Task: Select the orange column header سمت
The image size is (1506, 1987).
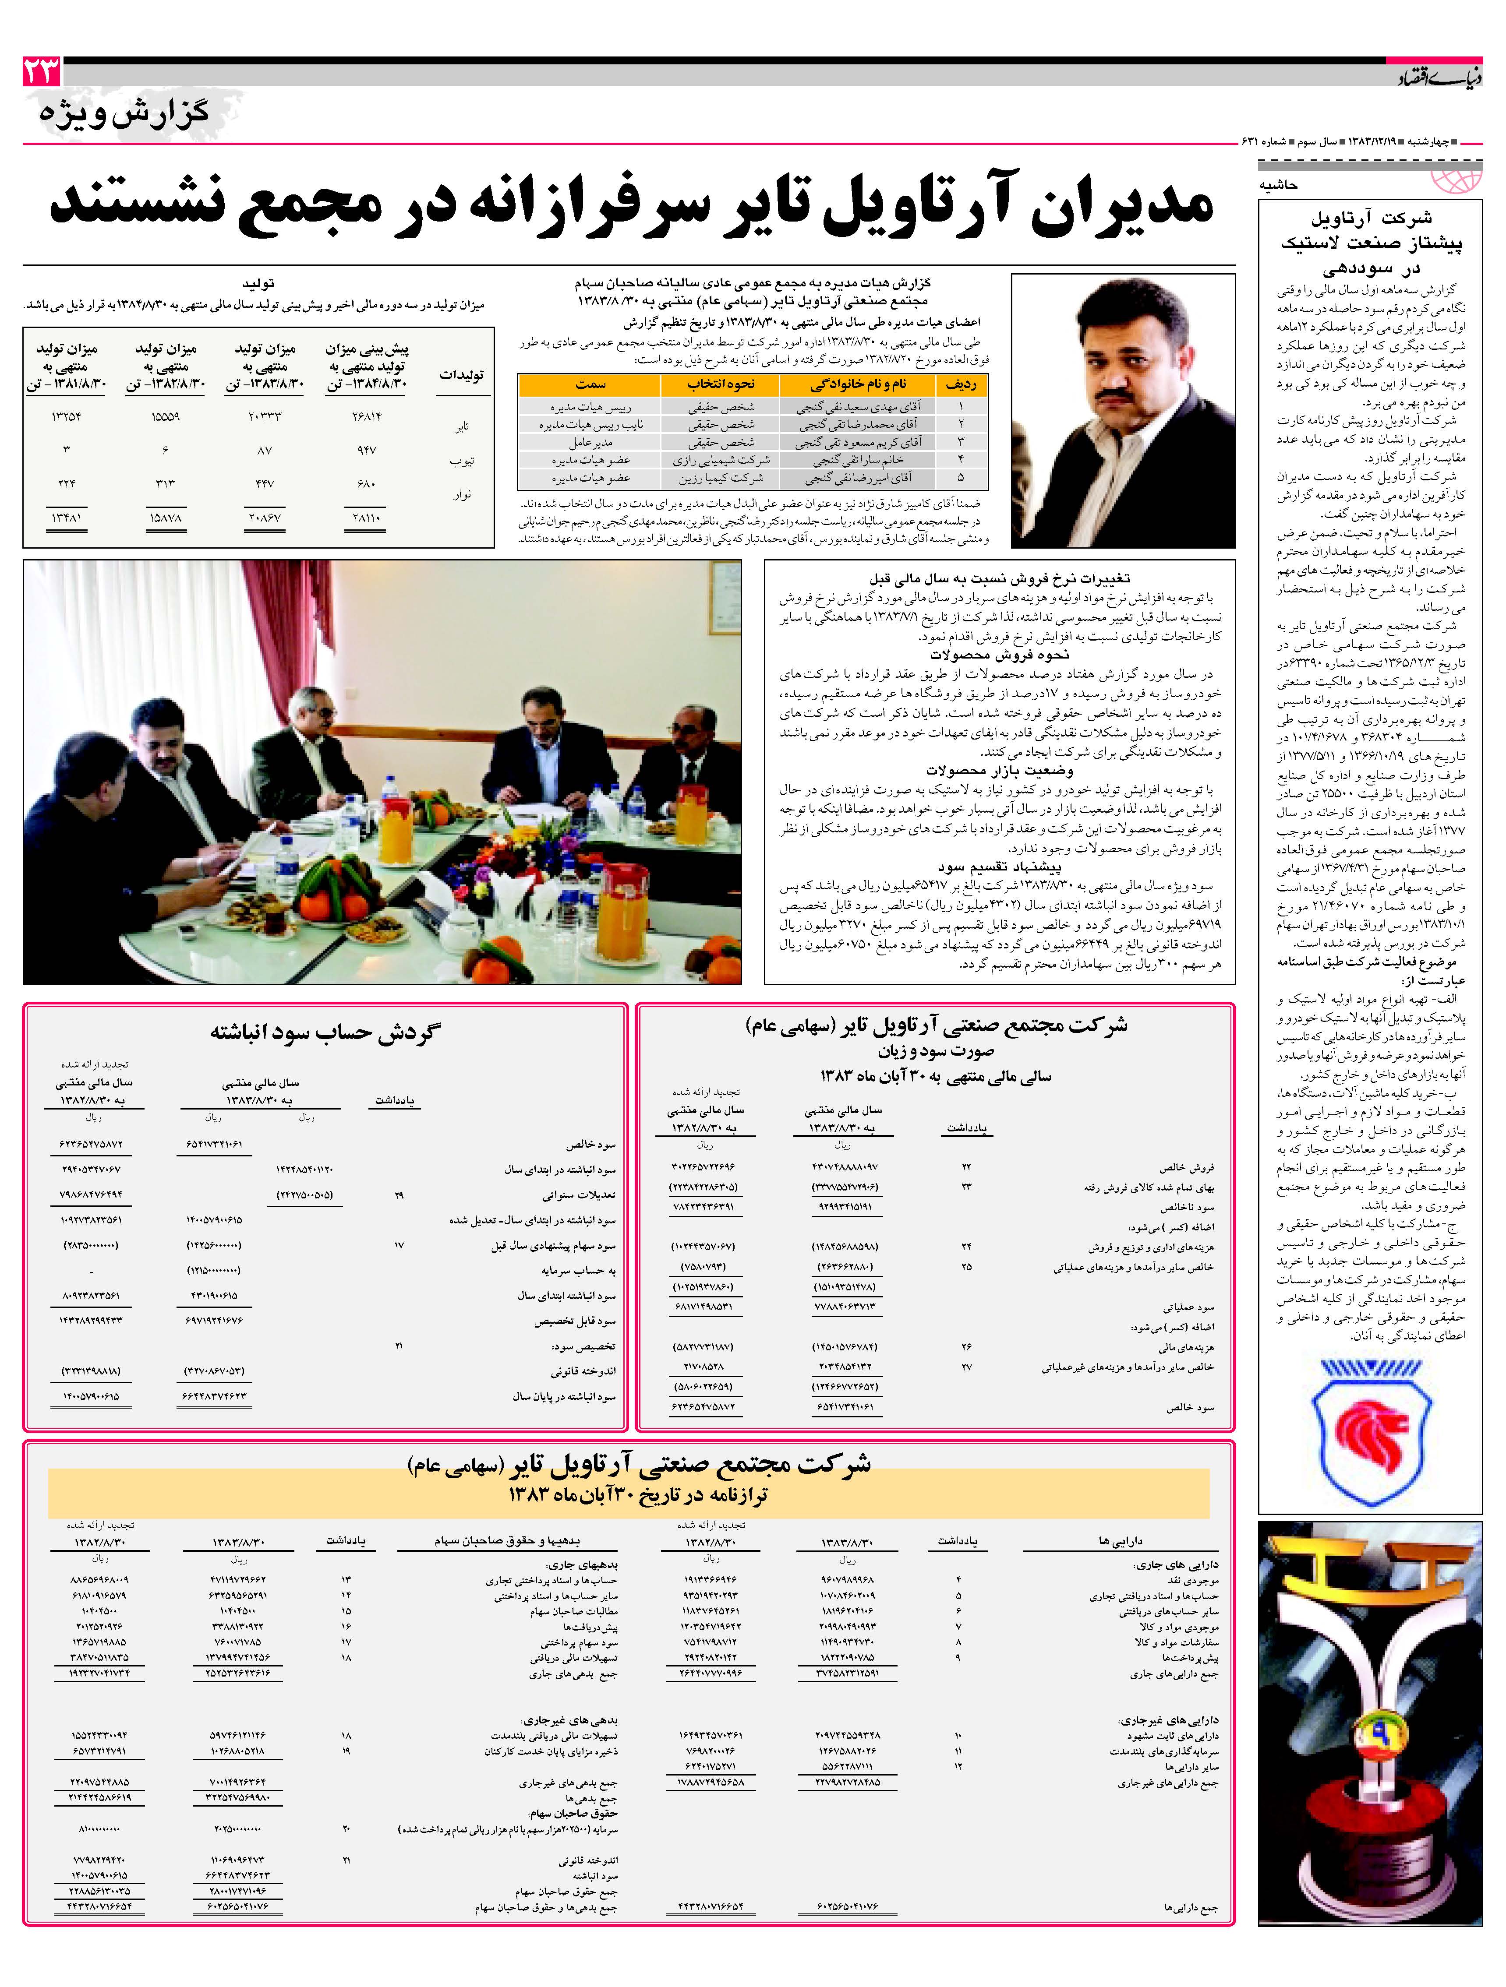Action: pyautogui.click(x=590, y=384)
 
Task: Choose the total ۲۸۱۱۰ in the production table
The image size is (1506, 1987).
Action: pyautogui.click(x=367, y=518)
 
